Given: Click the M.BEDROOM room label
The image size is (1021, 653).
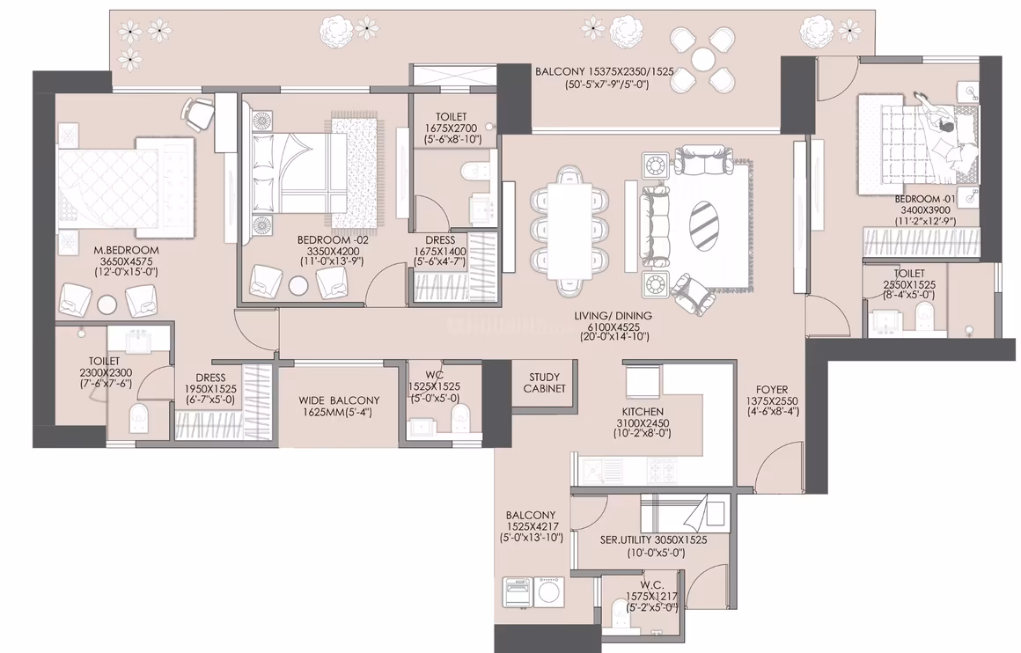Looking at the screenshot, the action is (x=126, y=250).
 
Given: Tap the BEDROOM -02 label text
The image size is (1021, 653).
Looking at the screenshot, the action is (x=333, y=239).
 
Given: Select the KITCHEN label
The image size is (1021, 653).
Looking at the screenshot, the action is (x=643, y=412).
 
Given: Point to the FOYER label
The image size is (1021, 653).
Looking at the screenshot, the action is (x=772, y=390).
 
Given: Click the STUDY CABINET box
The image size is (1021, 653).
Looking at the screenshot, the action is (x=544, y=383).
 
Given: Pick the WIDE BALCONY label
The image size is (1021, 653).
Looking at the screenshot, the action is (x=339, y=400).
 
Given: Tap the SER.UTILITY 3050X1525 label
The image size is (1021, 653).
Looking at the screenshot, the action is (x=653, y=539).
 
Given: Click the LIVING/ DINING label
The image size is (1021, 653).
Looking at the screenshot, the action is (x=613, y=316).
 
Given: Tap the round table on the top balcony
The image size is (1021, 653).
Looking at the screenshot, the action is (x=703, y=59).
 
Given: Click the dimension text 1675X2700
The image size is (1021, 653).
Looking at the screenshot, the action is (x=451, y=128).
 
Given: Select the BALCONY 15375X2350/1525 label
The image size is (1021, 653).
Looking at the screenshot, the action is (x=605, y=71).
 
